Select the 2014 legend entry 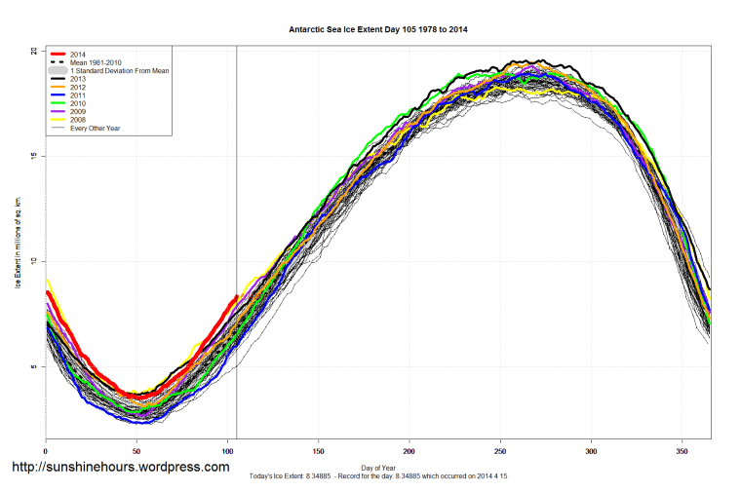(x=79, y=54)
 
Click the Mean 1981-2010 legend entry (x=96, y=62)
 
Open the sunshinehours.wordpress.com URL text (x=120, y=467)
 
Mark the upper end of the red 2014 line (x=236, y=296)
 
